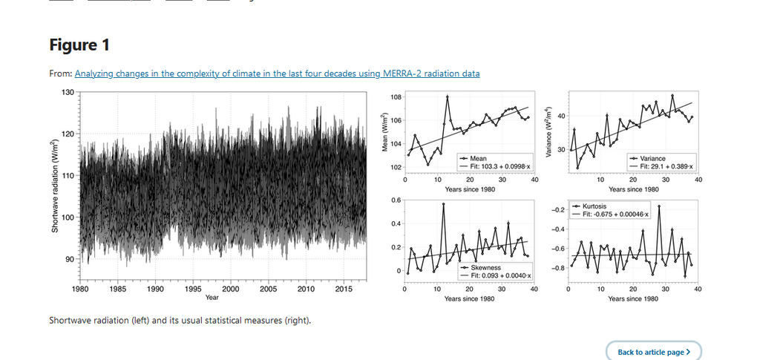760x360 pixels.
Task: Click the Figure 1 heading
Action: pyautogui.click(x=79, y=45)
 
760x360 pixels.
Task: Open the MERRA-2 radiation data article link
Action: pyautogui.click(x=278, y=73)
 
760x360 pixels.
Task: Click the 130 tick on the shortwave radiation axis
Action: pyautogui.click(x=68, y=92)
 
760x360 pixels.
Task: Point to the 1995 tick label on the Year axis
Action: pyautogui.click(x=193, y=289)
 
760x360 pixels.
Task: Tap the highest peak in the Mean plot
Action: pyautogui.click(x=448, y=96)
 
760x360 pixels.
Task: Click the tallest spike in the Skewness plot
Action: pyautogui.click(x=444, y=204)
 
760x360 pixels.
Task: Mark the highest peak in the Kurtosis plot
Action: pyautogui.click(x=659, y=206)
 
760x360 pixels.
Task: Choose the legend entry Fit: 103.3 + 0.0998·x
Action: pyautogui.click(x=496, y=167)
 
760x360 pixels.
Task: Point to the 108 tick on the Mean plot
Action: pyautogui.click(x=395, y=97)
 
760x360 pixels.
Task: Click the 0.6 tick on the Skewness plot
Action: pyautogui.click(x=396, y=200)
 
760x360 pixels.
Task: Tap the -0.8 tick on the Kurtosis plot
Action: pyautogui.click(x=558, y=268)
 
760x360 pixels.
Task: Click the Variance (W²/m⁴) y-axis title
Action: pyautogui.click(x=549, y=131)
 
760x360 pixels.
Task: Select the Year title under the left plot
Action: pyautogui.click(x=212, y=298)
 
